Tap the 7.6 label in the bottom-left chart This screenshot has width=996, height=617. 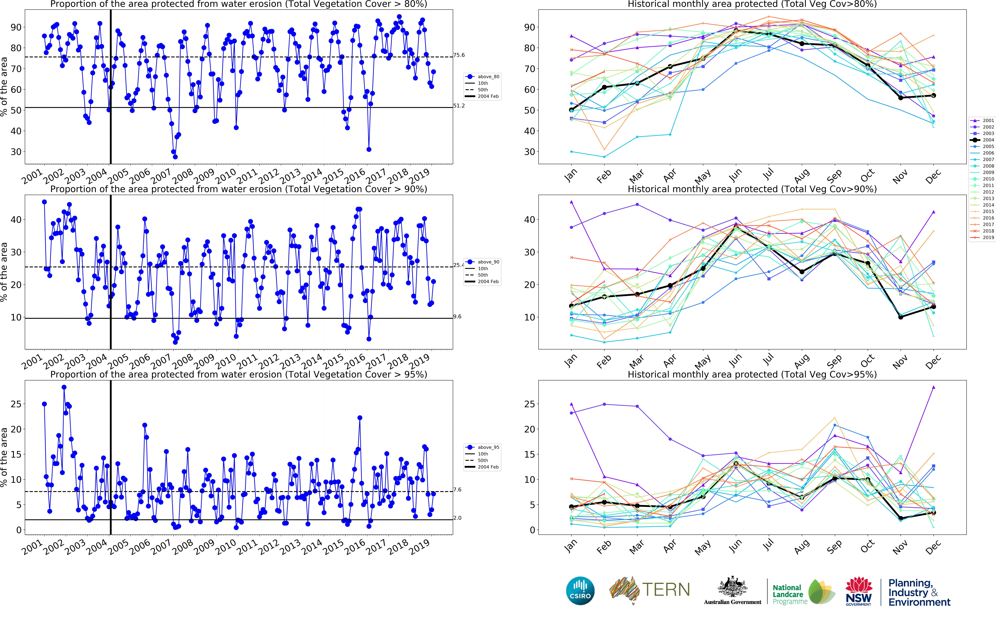457,490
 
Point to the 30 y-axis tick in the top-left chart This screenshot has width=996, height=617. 16,152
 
